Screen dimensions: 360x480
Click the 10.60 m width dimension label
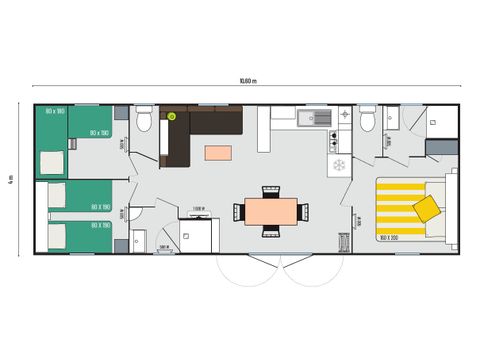pyautogui.click(x=247, y=81)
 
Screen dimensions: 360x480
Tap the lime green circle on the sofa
pyautogui.click(x=171, y=117)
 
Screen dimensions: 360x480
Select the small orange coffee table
pyautogui.click(x=217, y=153)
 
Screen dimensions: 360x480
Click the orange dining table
pyautogui.click(x=271, y=210)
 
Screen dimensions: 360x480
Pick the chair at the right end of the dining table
pyautogui.click(x=303, y=210)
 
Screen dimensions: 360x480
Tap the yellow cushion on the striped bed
pyautogui.click(x=427, y=208)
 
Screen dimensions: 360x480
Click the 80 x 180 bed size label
pyautogui.click(x=56, y=110)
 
